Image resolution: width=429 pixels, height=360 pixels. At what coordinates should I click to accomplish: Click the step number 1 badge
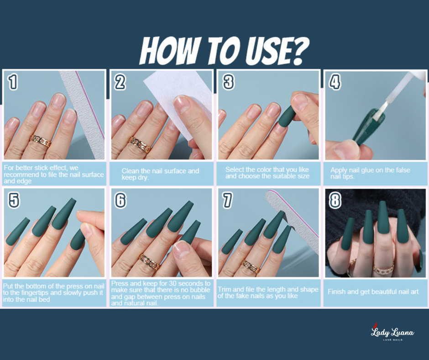(x=13, y=82)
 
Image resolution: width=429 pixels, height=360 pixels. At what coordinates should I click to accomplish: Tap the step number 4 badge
(x=335, y=82)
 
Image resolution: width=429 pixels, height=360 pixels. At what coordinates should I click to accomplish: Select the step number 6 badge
(x=120, y=200)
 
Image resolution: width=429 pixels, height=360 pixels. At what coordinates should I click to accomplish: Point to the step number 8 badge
(x=335, y=200)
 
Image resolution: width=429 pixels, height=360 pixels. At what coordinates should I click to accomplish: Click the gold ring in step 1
(x=41, y=141)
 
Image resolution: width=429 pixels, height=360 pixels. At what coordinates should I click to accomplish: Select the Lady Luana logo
(x=392, y=332)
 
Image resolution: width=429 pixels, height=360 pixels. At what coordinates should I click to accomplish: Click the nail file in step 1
(x=83, y=115)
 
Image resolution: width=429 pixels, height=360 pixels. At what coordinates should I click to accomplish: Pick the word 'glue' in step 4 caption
(x=367, y=170)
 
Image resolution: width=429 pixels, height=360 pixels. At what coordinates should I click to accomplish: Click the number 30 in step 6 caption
(x=173, y=283)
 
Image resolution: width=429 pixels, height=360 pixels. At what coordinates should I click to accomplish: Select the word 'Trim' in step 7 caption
(x=225, y=289)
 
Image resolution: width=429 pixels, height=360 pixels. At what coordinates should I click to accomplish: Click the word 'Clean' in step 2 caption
(x=130, y=171)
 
